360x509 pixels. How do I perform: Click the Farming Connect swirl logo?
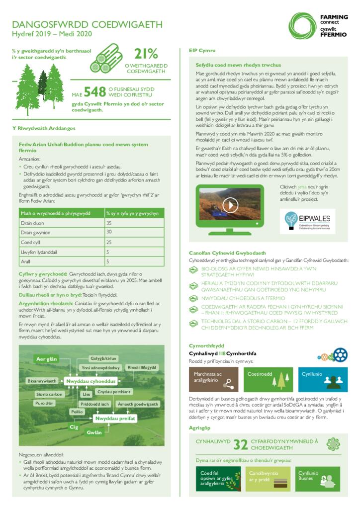(302, 26)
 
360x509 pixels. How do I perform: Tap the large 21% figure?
(146, 54)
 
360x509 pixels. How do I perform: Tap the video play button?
(230, 205)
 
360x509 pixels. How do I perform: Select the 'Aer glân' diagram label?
(47, 359)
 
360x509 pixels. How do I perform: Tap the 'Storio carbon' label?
(50, 394)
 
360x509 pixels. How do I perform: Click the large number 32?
(241, 443)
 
